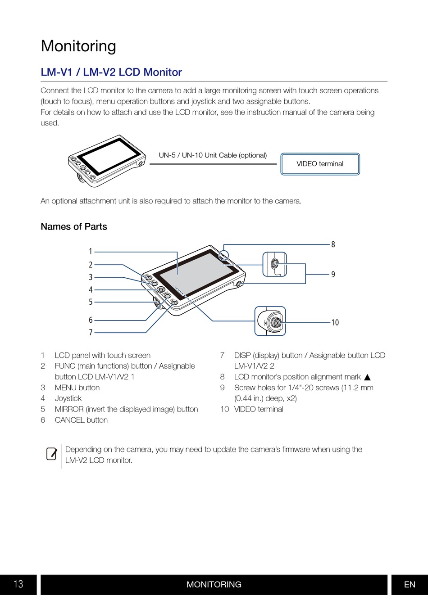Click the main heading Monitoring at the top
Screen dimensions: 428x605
[78, 46]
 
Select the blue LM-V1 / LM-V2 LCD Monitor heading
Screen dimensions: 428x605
[111, 72]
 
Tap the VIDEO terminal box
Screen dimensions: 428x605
[320, 164]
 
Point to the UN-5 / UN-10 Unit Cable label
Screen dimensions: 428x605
[213, 155]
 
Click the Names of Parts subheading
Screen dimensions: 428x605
[74, 226]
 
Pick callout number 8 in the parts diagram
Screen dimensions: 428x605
[333, 244]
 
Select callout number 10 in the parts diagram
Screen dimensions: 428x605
[335, 322]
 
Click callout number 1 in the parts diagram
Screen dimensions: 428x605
[91, 252]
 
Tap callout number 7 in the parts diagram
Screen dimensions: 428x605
[91, 332]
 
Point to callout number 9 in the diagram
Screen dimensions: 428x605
[333, 275]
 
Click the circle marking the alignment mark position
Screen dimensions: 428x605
[223, 255]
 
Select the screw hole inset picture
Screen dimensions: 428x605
[274, 264]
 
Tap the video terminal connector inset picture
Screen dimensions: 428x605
[270, 321]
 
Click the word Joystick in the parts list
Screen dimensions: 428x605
[68, 398]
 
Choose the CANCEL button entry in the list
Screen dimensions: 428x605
[81, 420]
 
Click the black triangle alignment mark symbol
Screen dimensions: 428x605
[367, 377]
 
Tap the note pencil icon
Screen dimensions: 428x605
[51, 454]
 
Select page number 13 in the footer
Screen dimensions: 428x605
[18, 584]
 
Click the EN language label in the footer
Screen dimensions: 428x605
[410, 584]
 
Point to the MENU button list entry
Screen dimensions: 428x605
[77, 388]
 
